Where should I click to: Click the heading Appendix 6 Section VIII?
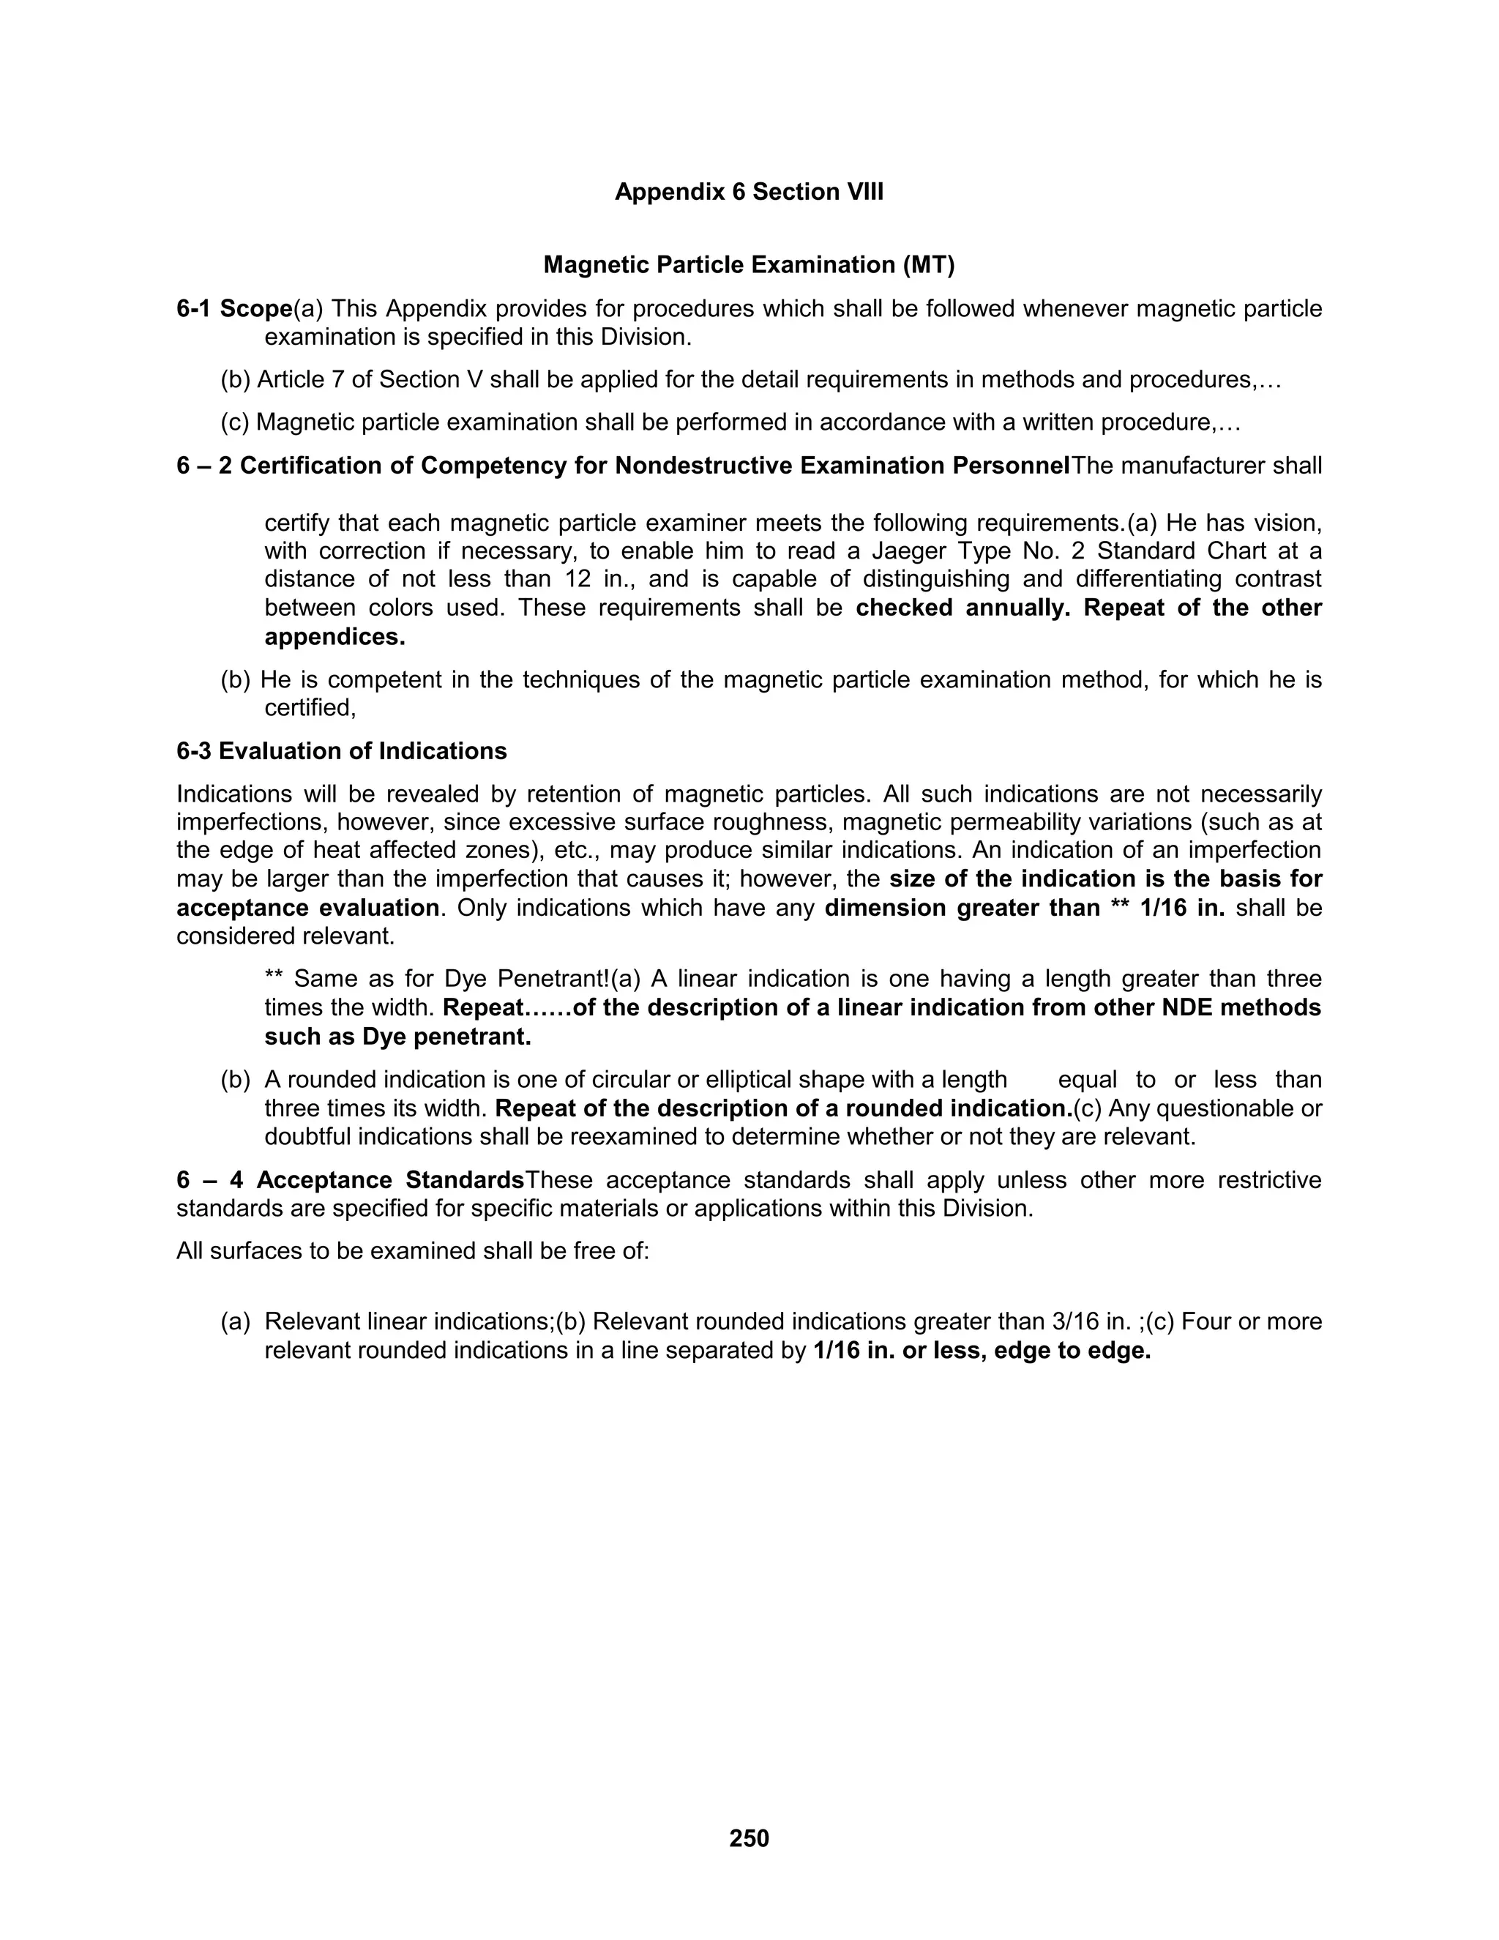(749, 192)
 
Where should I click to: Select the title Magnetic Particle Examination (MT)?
(749, 265)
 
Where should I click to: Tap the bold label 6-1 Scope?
(234, 309)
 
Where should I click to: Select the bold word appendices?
(334, 637)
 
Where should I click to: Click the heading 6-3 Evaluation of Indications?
(341, 752)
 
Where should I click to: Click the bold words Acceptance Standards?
(390, 1181)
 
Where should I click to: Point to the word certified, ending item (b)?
(310, 708)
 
